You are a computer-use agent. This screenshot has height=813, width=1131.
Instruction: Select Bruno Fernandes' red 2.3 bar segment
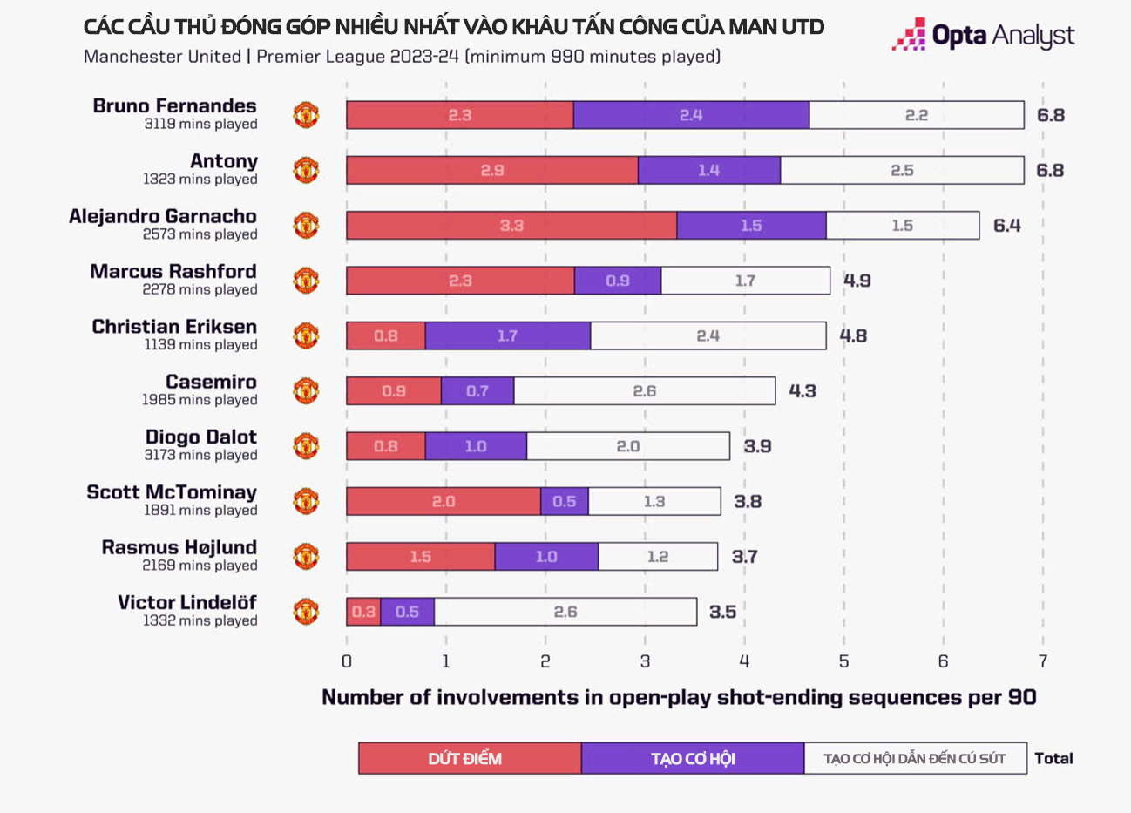(460, 115)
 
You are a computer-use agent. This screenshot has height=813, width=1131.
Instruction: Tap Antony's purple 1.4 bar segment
(708, 171)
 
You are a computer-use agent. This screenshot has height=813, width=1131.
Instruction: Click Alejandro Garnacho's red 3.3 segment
(511, 226)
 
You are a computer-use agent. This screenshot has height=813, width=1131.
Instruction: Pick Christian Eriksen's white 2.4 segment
(708, 336)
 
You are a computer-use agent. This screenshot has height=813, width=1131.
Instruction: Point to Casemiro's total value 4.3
(803, 391)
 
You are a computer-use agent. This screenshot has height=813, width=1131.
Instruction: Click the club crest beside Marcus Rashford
(306, 281)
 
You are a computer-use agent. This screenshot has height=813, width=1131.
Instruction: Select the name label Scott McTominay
(172, 492)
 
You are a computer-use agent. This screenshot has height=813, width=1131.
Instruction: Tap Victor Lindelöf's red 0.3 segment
(363, 612)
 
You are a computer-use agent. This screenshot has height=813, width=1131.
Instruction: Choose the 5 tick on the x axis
(843, 661)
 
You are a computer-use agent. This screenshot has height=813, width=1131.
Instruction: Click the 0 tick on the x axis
(347, 661)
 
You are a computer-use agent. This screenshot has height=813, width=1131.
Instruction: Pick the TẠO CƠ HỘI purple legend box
(693, 758)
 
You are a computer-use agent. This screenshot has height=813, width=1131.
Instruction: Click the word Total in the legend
(1053, 758)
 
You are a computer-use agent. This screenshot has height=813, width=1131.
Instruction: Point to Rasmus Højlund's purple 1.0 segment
(546, 557)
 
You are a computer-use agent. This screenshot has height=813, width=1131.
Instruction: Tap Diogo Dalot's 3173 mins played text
(200, 455)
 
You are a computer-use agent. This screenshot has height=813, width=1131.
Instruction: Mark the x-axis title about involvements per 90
(679, 697)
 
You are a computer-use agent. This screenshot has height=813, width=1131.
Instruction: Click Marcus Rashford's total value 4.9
(857, 281)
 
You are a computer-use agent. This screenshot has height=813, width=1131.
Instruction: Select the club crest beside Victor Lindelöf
(306, 612)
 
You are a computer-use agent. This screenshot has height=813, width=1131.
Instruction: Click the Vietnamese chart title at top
(453, 27)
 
